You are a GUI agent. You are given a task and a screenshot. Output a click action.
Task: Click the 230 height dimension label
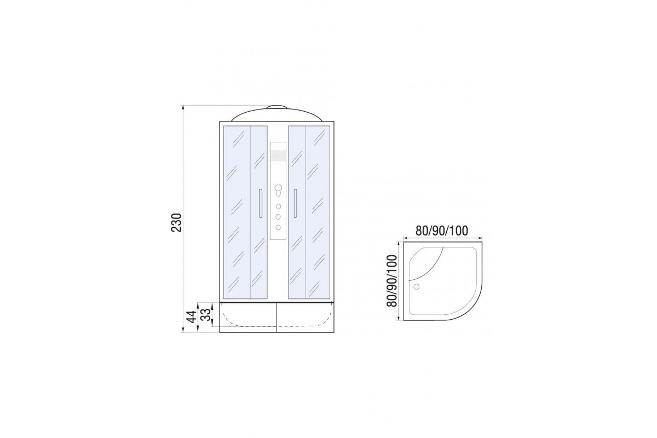point(176,223)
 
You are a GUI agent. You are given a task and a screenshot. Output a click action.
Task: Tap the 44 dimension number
point(192,316)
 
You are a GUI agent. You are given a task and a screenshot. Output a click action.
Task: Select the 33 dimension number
point(207,314)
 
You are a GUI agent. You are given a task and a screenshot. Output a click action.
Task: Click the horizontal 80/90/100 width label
point(442,231)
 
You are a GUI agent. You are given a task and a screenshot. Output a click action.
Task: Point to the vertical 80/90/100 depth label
point(391,281)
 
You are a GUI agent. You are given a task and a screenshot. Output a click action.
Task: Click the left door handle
point(260,204)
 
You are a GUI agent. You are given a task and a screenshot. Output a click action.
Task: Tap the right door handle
point(295,204)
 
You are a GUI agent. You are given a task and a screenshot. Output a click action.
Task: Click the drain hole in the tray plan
point(416,287)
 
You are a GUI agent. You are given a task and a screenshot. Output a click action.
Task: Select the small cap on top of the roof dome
point(277,107)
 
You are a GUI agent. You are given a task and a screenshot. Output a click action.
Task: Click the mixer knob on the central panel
point(278,189)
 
